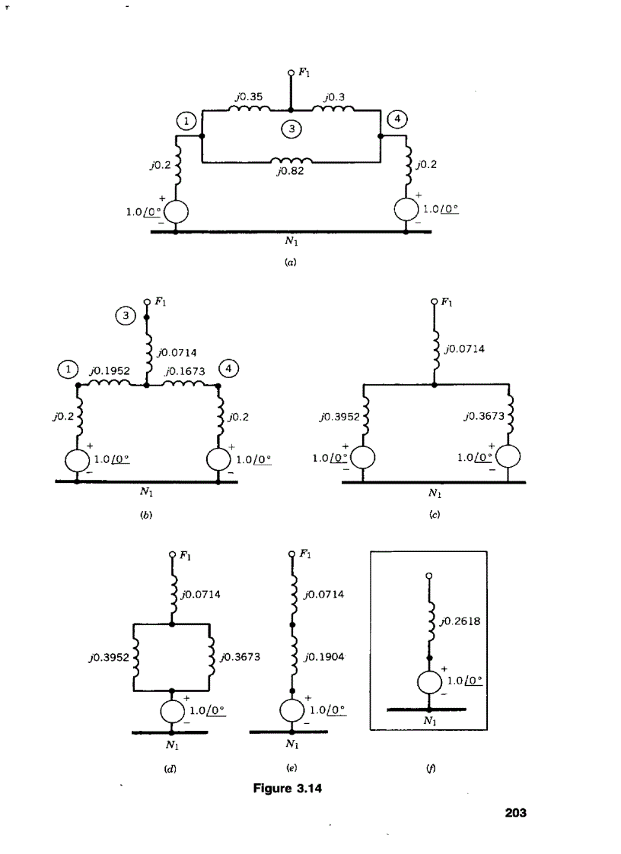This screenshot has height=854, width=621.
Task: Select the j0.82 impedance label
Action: click(x=290, y=173)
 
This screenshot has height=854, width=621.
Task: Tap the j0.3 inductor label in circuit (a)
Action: click(x=334, y=97)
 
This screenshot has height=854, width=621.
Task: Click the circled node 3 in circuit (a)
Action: click(x=291, y=129)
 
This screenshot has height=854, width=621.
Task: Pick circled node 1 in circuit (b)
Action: click(x=68, y=370)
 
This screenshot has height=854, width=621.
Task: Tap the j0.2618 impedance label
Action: click(x=460, y=621)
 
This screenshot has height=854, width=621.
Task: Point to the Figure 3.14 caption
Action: click(x=288, y=788)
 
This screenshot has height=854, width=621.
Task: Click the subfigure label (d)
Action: click(x=171, y=769)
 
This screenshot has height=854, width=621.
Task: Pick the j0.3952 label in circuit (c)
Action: click(x=336, y=416)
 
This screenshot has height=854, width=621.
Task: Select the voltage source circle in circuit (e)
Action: click(x=293, y=710)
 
